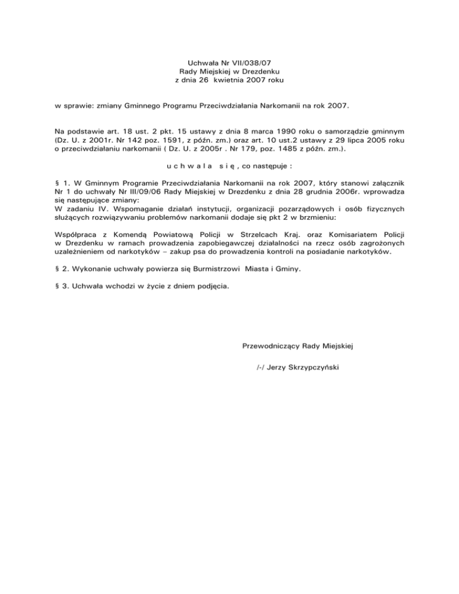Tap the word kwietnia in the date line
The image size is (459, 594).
tap(235, 79)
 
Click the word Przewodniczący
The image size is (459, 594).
tap(271, 345)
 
